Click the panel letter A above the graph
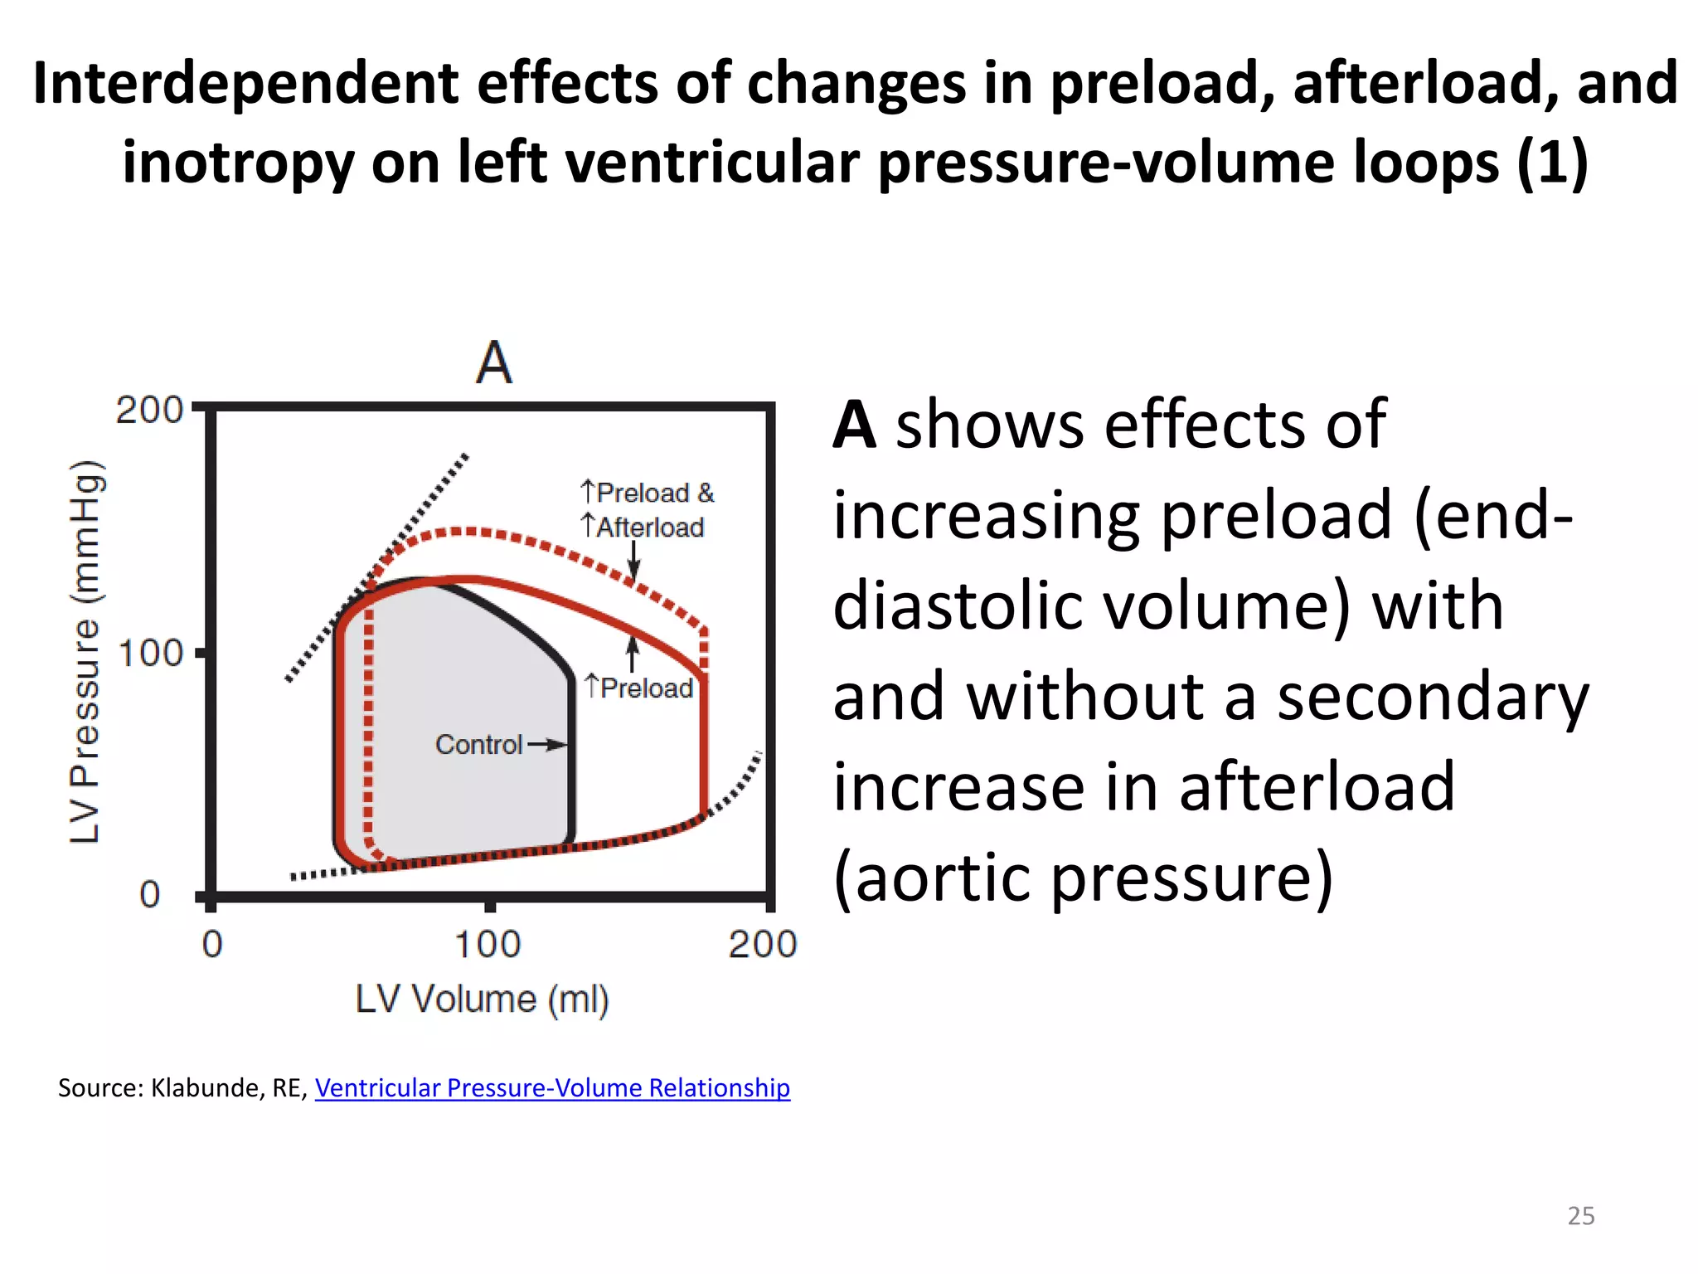(x=494, y=363)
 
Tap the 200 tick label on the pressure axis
(x=148, y=410)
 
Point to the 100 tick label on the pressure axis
(x=150, y=654)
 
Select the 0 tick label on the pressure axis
(x=150, y=895)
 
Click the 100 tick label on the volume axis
(x=488, y=945)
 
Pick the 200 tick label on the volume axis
(x=762, y=945)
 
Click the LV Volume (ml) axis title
(x=482, y=999)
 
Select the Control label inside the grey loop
(x=478, y=745)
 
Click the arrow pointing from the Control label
(x=547, y=745)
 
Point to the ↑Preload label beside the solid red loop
(x=638, y=688)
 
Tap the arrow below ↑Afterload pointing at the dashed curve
(x=633, y=560)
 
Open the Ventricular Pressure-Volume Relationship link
(x=552, y=1087)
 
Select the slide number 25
(x=1580, y=1215)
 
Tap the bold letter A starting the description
(x=854, y=425)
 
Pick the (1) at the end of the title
(x=1552, y=162)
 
